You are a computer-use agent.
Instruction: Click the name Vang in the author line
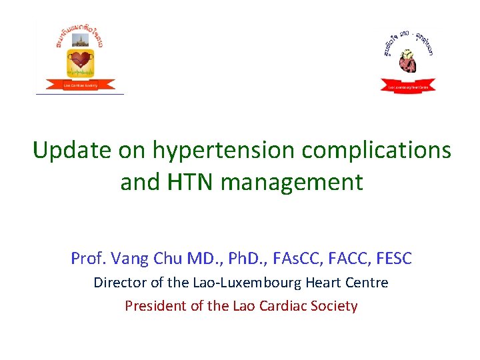131,258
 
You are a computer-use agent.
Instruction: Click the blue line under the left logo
80,94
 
